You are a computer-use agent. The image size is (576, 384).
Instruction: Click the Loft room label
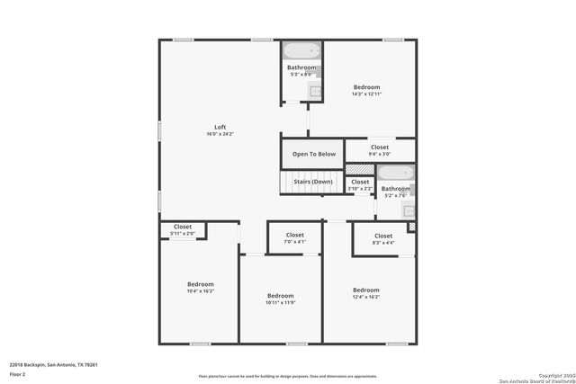(220, 126)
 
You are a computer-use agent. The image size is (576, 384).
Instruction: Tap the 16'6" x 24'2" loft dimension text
(220, 134)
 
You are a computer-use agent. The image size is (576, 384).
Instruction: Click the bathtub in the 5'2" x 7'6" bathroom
(395, 173)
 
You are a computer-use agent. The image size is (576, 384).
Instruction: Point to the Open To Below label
(313, 154)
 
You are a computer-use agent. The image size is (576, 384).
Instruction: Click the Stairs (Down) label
(313, 182)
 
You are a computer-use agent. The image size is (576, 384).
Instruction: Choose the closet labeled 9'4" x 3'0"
(379, 150)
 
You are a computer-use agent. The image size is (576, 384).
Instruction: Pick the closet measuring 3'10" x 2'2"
(360, 185)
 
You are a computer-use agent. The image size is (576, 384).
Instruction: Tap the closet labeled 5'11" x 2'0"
(183, 230)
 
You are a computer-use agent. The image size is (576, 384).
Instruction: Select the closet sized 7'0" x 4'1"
(294, 238)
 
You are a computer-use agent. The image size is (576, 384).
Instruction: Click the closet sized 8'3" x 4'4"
(382, 238)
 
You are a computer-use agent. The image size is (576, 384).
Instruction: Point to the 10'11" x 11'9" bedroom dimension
(281, 303)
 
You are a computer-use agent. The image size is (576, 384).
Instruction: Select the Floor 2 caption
(18, 373)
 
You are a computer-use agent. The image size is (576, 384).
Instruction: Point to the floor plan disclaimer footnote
(289, 376)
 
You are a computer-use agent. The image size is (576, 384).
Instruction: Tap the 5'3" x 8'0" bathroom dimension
(301, 75)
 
